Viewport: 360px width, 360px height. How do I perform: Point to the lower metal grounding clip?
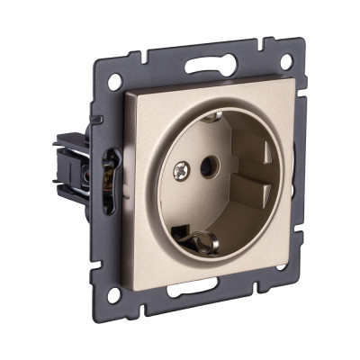202,240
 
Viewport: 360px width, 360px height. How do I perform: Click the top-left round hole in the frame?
114,80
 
